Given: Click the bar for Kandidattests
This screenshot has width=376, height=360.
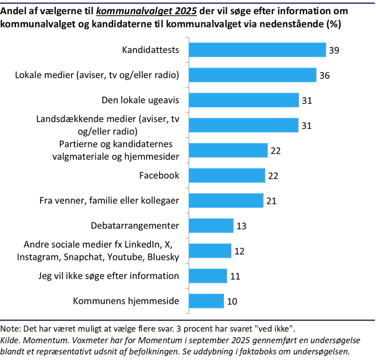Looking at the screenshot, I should (x=258, y=50).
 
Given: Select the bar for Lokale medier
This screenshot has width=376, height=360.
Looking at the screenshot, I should (x=253, y=75).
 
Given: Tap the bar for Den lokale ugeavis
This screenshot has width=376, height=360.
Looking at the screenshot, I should (x=244, y=100).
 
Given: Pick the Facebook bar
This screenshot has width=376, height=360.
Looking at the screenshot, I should (x=227, y=175).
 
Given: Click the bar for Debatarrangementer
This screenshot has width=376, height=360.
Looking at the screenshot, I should (x=212, y=225).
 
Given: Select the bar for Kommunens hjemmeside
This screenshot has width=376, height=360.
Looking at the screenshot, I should (x=207, y=301).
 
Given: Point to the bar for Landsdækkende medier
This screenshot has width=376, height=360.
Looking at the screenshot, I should (x=244, y=125).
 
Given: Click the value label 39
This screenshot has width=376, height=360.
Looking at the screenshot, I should (x=334, y=50).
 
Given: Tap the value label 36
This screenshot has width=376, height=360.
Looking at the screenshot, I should (x=324, y=76).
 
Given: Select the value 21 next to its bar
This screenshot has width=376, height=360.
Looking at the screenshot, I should (x=271, y=201).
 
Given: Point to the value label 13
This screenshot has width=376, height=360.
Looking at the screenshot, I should (x=241, y=226).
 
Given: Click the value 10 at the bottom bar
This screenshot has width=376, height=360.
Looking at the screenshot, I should (x=231, y=301).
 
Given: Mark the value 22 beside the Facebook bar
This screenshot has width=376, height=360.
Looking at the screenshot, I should (x=273, y=176).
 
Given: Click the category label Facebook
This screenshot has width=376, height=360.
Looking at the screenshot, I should (x=159, y=175).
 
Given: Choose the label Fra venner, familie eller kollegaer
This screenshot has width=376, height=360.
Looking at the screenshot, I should (x=109, y=200).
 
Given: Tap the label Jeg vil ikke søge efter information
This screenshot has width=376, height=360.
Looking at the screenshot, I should (x=109, y=276).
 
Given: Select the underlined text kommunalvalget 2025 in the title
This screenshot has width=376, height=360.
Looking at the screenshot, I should (x=145, y=12).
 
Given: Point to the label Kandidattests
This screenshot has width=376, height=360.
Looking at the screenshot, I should (x=151, y=50).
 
